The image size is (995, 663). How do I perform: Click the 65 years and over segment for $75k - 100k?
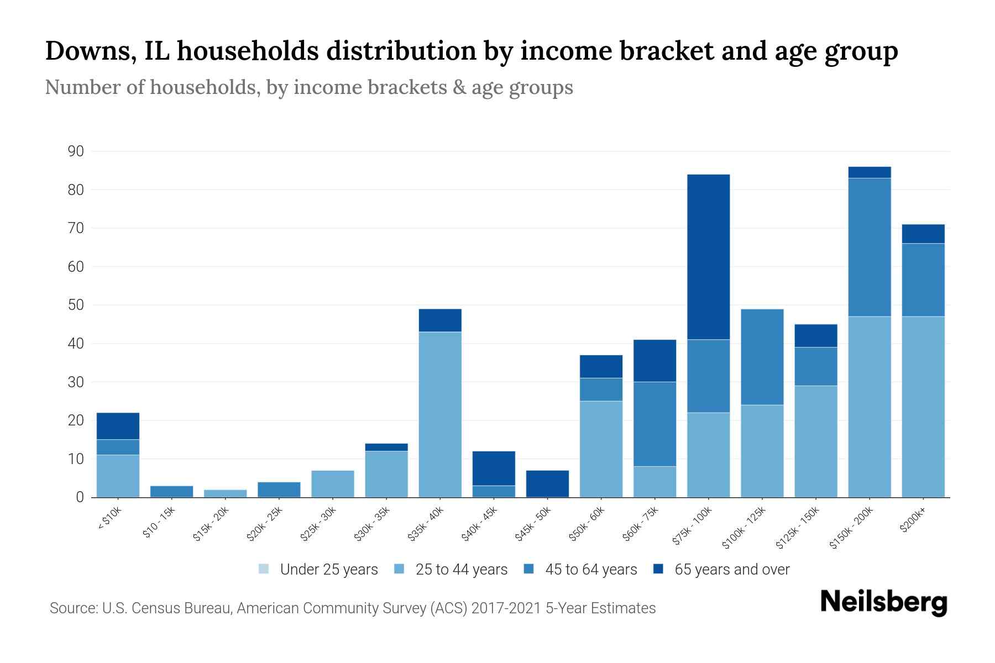tap(708, 257)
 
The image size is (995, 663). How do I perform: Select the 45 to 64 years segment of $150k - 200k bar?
tap(870, 247)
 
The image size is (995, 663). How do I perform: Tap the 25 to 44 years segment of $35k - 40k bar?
tap(440, 414)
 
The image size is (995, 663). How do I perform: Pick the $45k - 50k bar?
tap(547, 484)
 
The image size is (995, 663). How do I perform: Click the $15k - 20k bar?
tap(225, 493)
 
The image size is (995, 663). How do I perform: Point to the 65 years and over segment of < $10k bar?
tap(118, 426)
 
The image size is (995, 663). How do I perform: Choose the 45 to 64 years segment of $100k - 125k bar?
tap(762, 357)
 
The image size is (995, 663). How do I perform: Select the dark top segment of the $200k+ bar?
tap(923, 234)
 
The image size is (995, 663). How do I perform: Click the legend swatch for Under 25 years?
tap(264, 569)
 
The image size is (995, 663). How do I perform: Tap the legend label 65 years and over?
tap(732, 570)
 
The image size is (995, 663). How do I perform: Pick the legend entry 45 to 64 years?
tap(590, 570)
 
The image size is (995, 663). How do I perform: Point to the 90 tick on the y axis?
tap(76, 151)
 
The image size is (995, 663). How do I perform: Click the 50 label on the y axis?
tap(76, 305)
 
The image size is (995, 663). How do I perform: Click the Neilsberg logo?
tap(883, 603)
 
